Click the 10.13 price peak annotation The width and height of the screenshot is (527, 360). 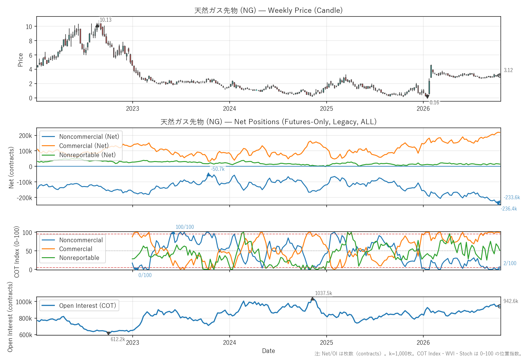106,20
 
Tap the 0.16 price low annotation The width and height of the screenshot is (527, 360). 434,103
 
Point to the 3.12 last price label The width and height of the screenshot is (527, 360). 508,70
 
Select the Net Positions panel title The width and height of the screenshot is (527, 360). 268,122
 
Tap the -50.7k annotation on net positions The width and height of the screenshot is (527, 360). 218,169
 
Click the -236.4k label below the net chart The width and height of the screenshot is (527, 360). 509,209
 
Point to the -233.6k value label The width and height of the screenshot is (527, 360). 512,197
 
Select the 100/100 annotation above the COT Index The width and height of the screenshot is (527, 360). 185,227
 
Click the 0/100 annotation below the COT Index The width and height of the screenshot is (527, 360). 145,275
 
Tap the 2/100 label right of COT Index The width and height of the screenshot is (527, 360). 510,263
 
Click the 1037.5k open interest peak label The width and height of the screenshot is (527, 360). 324,293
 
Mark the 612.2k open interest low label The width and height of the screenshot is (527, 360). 118,339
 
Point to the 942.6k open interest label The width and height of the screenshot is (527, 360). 511,301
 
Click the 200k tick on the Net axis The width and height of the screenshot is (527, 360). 26,136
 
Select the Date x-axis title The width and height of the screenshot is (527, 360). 268,351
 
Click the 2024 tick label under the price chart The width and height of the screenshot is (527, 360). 229,109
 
